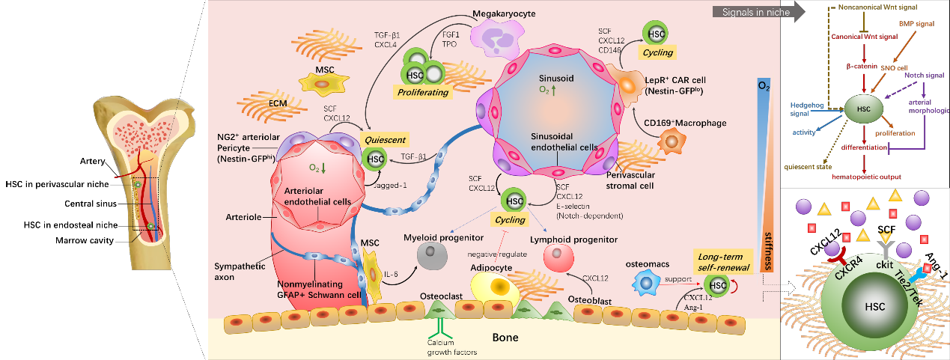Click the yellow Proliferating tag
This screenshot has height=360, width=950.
tap(422, 92)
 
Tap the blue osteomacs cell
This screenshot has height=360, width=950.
tap(645, 282)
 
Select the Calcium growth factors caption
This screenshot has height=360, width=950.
tap(451, 347)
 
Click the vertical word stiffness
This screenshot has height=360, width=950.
tap(768, 251)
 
